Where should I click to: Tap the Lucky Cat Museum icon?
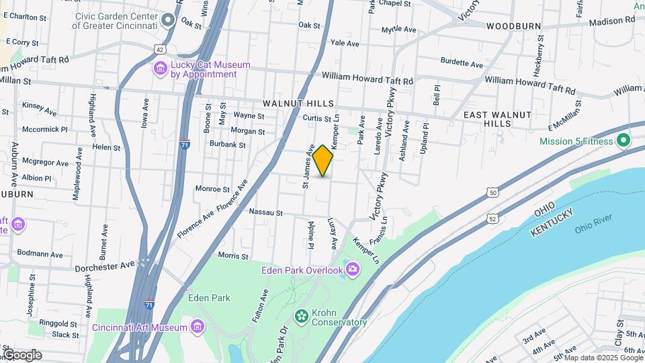(x=161, y=69)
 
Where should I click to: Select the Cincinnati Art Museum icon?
(x=197, y=327)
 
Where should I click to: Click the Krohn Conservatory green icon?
(x=302, y=315)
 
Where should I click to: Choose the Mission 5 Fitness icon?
(x=623, y=141)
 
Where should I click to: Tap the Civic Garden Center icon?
(x=167, y=19)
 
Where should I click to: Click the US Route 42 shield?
(x=159, y=49)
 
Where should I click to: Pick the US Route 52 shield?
(x=494, y=218)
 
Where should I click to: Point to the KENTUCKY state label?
(x=552, y=223)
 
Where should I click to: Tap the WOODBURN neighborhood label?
(x=514, y=26)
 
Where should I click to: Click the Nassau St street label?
(x=265, y=212)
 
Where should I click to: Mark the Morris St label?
(x=234, y=255)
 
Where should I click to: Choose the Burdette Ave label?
(x=462, y=65)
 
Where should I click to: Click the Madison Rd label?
(x=611, y=20)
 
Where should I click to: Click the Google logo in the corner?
(x=22, y=354)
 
